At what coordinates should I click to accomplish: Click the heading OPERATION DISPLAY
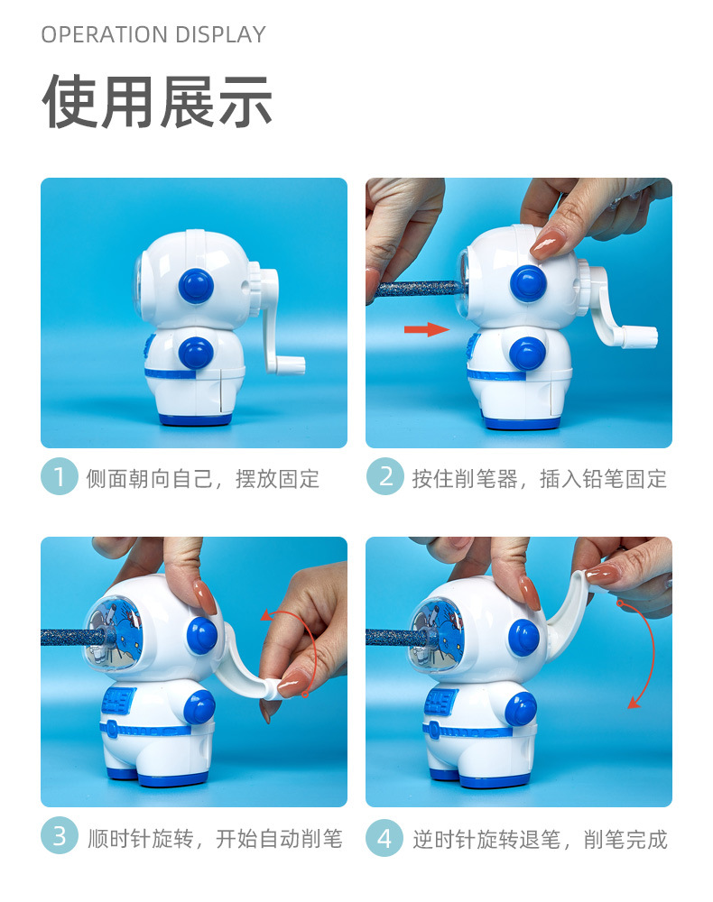point(153,34)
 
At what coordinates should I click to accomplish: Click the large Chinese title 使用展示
point(157,102)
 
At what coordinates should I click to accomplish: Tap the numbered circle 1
point(60,477)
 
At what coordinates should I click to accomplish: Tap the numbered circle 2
point(385,477)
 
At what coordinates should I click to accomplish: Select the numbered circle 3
point(60,836)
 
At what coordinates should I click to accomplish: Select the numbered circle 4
point(384,838)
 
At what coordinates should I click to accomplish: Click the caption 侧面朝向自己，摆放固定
point(202,478)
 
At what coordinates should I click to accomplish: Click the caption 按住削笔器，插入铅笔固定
point(539,478)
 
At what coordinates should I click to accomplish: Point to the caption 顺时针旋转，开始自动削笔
point(215,839)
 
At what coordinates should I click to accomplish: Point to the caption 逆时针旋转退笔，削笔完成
point(540,839)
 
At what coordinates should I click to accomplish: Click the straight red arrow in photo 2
point(426,329)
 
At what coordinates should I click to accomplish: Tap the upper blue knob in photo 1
point(196,286)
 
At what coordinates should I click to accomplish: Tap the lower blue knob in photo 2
point(527,353)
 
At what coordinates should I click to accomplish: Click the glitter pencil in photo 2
point(415,288)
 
